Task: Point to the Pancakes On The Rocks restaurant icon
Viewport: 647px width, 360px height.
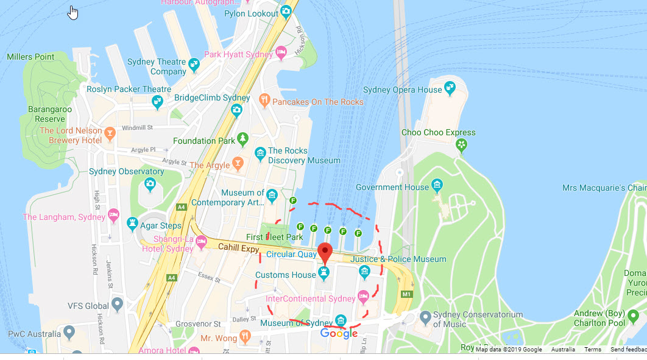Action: [264, 99]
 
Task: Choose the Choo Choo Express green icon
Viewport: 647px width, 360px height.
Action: [462, 144]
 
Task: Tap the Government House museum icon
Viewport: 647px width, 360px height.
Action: [437, 185]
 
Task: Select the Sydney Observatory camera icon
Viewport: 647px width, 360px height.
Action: [150, 183]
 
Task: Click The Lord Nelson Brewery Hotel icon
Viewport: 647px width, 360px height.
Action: [110, 133]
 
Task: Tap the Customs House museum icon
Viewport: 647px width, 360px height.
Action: [324, 272]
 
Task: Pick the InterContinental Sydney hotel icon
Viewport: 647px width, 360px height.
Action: [364, 297]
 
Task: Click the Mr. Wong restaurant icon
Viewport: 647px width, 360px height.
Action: [244, 336]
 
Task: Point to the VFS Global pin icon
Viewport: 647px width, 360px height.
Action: [118, 303]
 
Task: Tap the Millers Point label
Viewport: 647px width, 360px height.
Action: [30, 57]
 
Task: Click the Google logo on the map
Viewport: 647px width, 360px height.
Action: [339, 333]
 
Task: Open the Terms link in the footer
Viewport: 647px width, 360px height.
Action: [593, 350]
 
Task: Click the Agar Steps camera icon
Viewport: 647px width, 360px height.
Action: [132, 224]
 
